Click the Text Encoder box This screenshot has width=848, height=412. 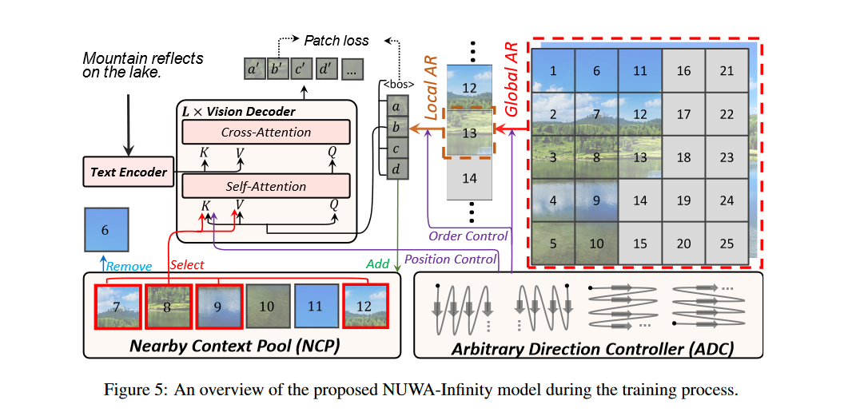coord(129,172)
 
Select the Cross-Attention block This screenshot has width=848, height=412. coord(266,133)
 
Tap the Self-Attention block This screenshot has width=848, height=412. coord(266,187)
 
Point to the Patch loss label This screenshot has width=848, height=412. coord(336,40)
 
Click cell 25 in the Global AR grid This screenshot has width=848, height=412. coord(727,243)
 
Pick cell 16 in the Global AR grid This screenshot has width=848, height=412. coord(683,71)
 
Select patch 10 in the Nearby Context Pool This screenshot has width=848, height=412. coord(268,307)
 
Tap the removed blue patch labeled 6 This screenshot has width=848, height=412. coord(106,229)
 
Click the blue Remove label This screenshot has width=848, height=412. coord(129,267)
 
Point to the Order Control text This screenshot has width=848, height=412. coord(468,236)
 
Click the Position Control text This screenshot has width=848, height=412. coord(451,259)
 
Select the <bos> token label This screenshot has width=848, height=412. coord(396,84)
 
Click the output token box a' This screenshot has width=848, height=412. coord(255,69)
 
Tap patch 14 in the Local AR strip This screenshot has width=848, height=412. coord(469,178)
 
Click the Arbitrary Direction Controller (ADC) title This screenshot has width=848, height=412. coord(592,348)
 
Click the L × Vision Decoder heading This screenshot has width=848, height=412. coord(240,111)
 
